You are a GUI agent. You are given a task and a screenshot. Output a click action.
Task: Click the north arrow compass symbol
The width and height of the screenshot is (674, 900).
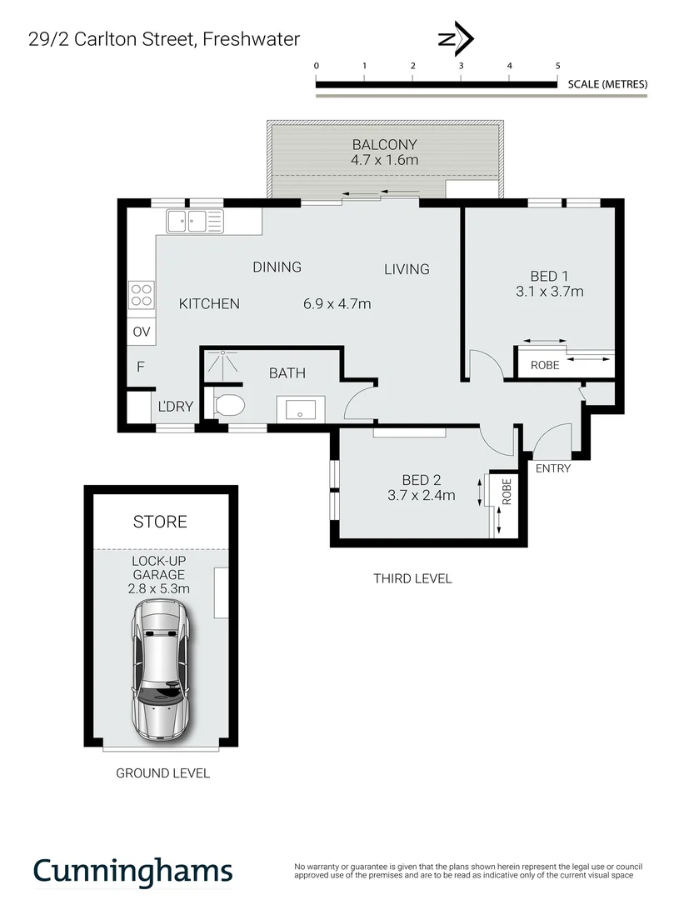pos(456,39)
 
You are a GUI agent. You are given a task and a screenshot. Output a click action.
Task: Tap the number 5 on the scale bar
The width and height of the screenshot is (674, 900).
pos(557,65)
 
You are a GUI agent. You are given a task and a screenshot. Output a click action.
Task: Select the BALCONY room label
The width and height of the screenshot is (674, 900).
pos(384,144)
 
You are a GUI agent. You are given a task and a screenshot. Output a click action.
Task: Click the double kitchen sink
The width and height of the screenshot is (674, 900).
pos(195,221)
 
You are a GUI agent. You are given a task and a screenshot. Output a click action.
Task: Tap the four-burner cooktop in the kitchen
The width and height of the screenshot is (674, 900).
pos(141,295)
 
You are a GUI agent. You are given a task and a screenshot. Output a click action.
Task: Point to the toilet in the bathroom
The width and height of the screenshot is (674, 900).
pos(229,407)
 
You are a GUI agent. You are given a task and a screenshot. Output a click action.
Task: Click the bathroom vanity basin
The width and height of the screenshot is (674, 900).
pos(296,409)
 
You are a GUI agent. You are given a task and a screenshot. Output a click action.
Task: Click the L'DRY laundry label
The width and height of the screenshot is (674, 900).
pos(176,407)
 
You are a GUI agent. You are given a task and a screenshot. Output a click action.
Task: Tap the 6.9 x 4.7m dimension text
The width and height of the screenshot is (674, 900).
pos(337,304)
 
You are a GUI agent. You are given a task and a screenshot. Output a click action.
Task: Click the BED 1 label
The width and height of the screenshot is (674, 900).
pos(551,275)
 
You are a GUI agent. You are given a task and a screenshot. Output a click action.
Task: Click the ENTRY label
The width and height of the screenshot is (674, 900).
pos(553,468)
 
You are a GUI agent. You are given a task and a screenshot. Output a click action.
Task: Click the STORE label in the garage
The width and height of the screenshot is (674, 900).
pos(160,522)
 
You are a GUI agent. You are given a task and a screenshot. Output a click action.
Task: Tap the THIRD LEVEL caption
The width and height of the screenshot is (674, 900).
pos(412,578)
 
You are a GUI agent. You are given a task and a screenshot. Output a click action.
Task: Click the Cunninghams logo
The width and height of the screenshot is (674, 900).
pos(132,870)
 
